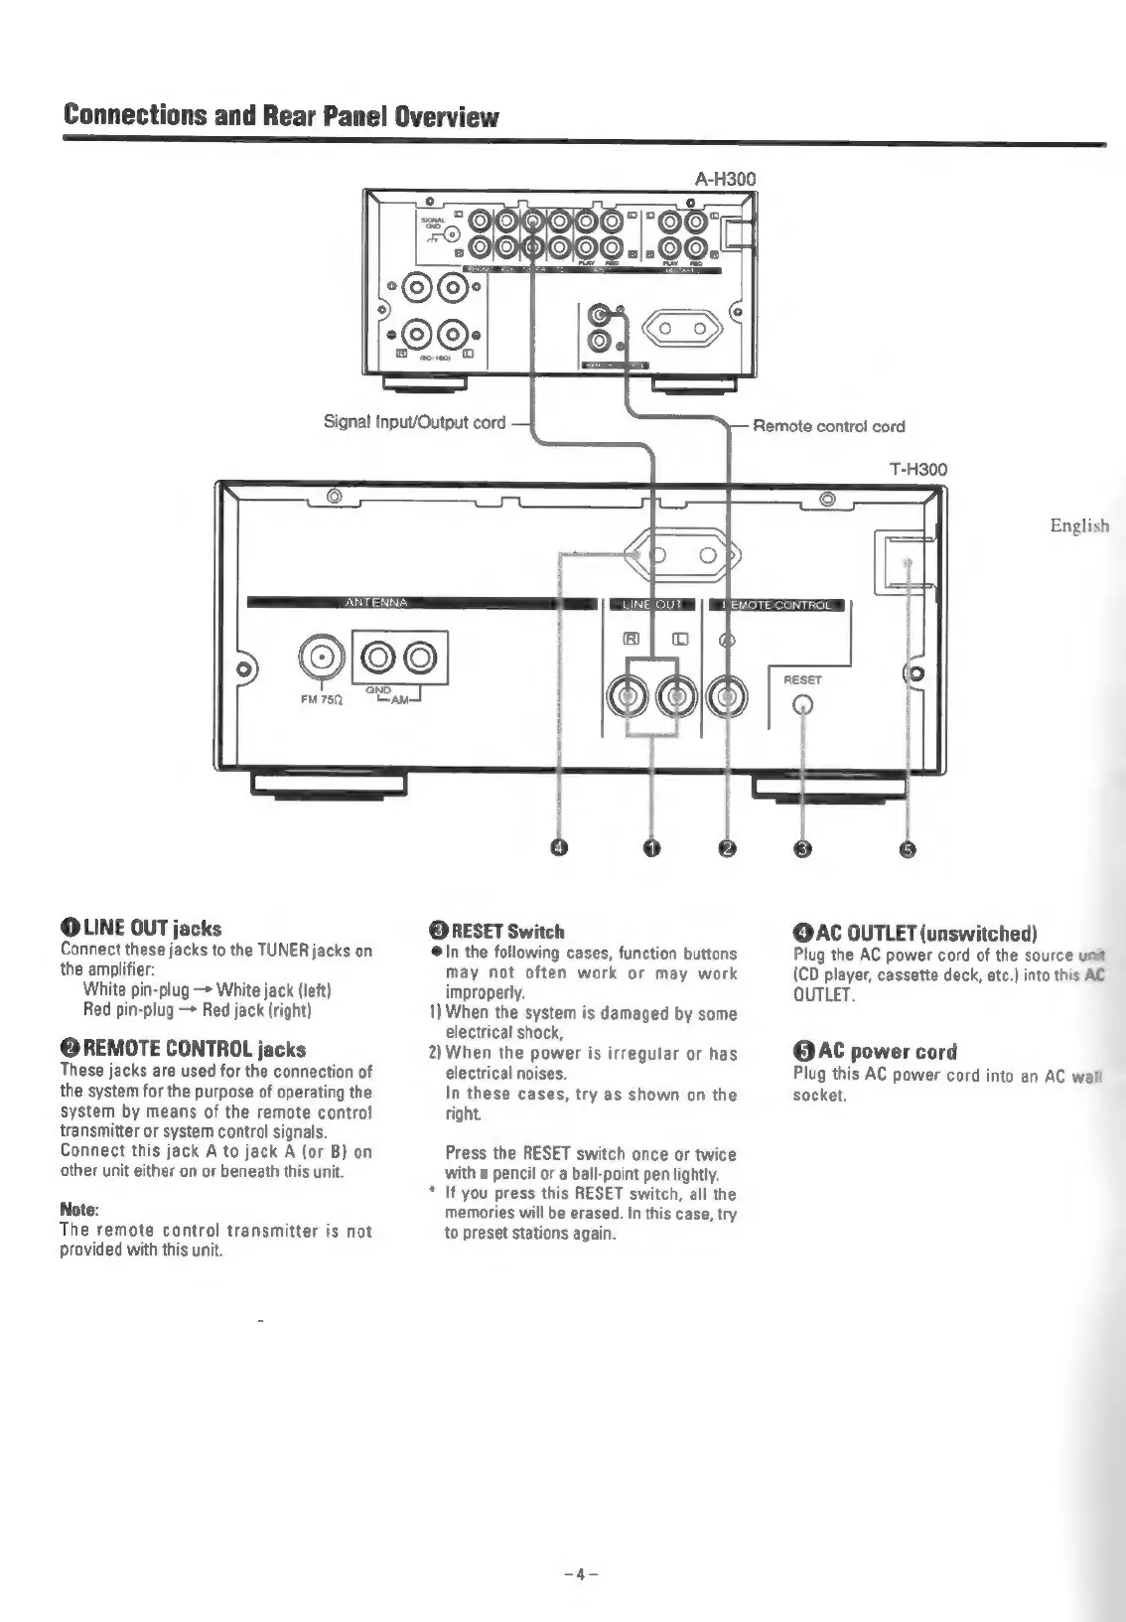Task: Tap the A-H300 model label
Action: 725,179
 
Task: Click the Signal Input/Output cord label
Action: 415,422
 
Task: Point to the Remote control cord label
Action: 828,426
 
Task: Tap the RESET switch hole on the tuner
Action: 802,706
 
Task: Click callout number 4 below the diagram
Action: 559,847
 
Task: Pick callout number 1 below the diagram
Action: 651,847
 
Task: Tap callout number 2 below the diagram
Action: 728,847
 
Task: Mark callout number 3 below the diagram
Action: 803,847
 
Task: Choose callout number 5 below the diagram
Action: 908,847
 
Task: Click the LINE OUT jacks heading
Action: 141,929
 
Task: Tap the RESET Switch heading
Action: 496,932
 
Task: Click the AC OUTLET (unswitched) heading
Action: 915,933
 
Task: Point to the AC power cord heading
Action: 875,1052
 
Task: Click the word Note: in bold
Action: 79,1210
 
